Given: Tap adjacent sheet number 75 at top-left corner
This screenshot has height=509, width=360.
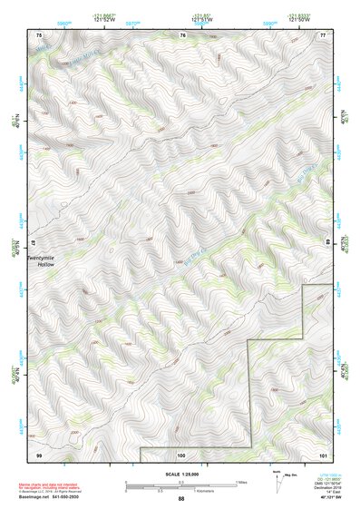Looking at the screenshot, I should coord(39,34).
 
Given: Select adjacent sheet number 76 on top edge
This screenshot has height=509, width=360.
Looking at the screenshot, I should coord(182,34).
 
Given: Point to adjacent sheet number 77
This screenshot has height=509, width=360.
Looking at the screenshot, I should coord(323,34).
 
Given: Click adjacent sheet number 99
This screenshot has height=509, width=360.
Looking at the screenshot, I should coord(39,454).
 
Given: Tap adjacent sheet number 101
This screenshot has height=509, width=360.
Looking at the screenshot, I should coord(323,454).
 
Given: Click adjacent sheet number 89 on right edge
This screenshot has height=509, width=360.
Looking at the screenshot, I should coord(328,243).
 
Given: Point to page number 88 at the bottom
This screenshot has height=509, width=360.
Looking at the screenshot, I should coord(181,499).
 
